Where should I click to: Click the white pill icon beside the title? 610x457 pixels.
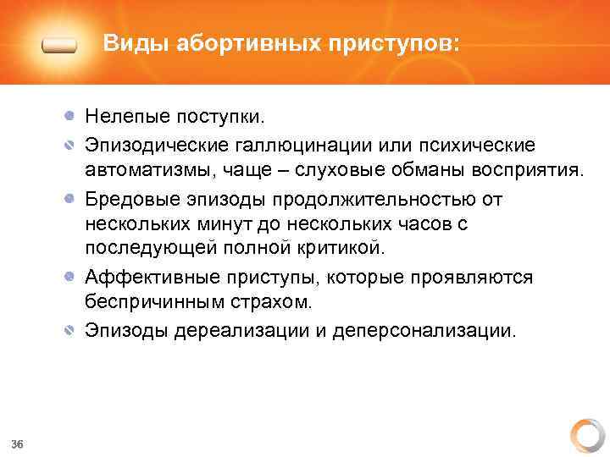point(59,46)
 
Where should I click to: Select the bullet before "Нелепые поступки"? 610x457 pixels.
point(72,113)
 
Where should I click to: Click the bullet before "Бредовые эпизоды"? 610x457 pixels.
point(72,201)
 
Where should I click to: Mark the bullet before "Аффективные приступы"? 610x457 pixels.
point(72,277)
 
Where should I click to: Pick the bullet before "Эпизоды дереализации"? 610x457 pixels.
point(72,330)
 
